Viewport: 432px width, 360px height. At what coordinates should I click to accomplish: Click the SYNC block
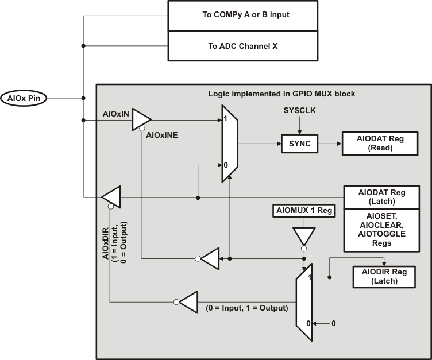(x=299, y=144)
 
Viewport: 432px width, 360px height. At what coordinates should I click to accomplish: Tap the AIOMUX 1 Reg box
(x=302, y=211)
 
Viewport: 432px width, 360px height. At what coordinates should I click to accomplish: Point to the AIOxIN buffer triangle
(x=141, y=120)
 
